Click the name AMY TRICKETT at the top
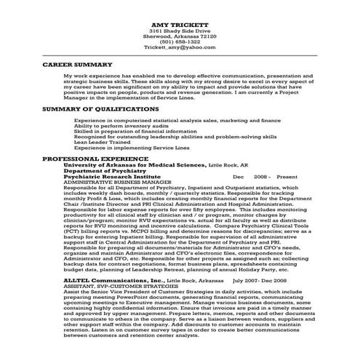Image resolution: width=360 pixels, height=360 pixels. point(180,25)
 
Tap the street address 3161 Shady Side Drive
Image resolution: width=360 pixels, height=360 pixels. point(180,33)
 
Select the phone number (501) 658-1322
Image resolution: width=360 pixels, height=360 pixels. point(180,42)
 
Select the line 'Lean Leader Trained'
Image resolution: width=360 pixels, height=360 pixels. point(98,142)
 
